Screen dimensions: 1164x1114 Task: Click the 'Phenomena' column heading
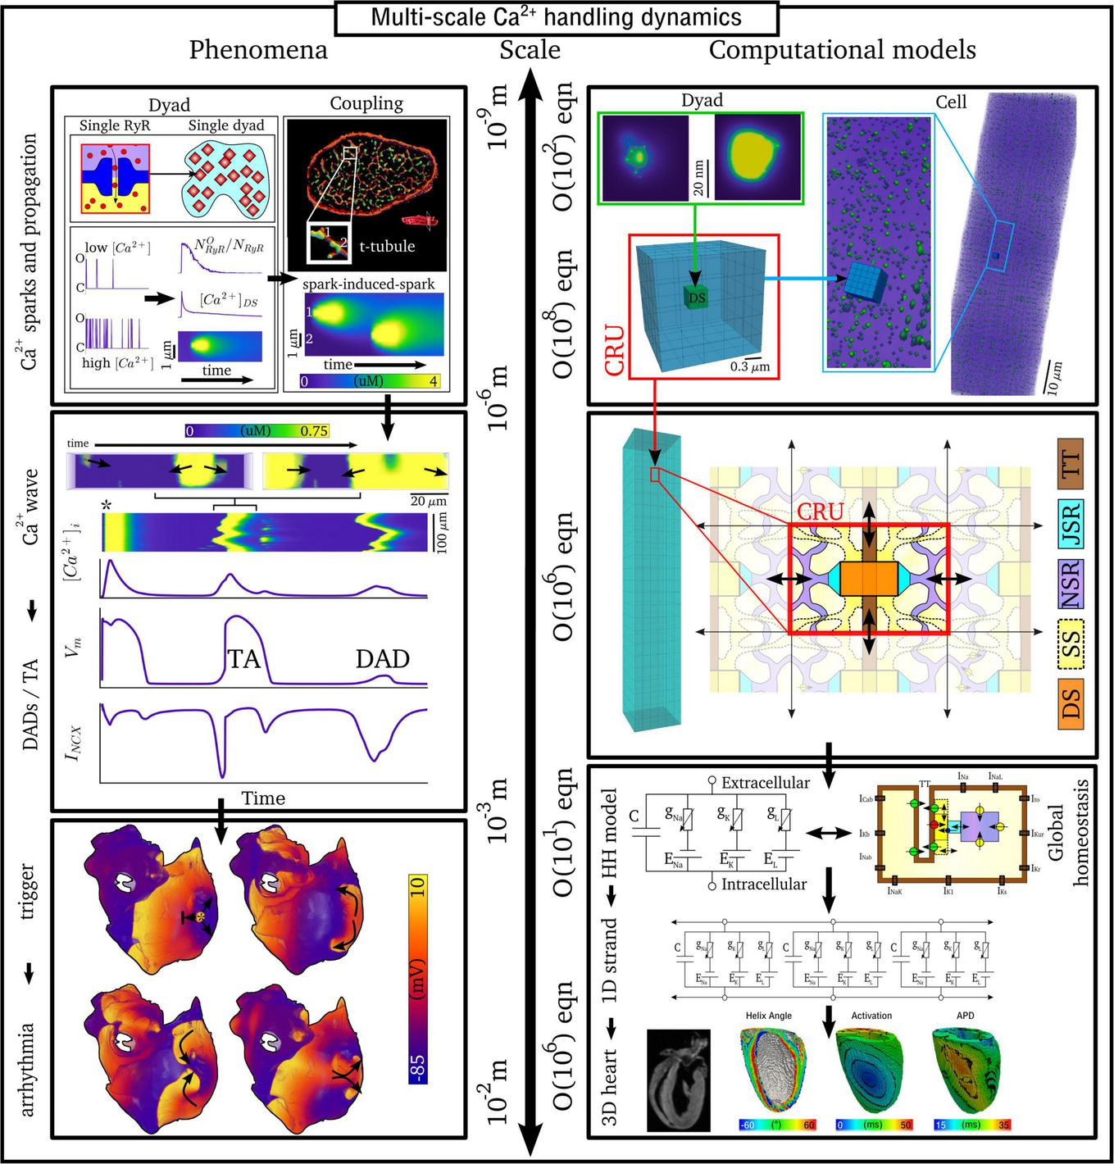(x=258, y=50)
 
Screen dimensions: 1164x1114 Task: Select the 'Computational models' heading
(x=842, y=50)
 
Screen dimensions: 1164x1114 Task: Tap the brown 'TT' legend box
(x=1070, y=465)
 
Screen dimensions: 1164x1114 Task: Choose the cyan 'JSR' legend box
(x=1070, y=523)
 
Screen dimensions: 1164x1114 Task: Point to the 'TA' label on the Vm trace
(x=243, y=658)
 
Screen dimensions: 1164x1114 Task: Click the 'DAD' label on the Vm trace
(x=382, y=658)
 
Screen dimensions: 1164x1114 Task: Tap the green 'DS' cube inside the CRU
(x=697, y=297)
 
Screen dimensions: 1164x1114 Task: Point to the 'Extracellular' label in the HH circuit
(x=765, y=783)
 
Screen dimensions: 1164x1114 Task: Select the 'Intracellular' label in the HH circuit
(x=764, y=884)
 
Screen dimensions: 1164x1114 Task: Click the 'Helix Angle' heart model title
(x=768, y=1016)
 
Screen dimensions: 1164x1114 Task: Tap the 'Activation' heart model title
(x=871, y=1016)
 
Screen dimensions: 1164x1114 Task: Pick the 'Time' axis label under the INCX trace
(x=263, y=798)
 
